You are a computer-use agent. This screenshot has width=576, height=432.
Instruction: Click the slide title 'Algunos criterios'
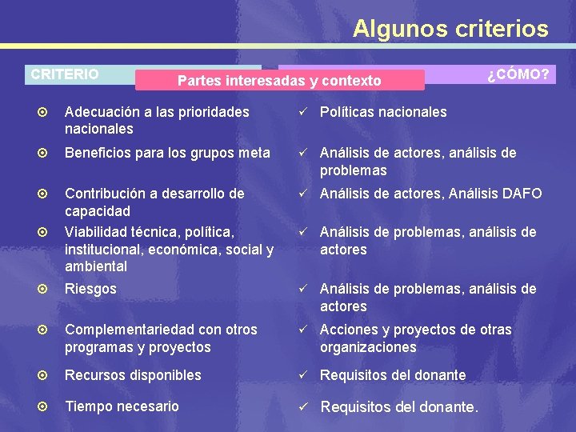tap(450, 29)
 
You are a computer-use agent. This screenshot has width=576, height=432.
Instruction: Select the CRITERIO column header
tap(65, 74)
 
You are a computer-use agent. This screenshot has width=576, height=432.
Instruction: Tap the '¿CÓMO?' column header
tap(518, 74)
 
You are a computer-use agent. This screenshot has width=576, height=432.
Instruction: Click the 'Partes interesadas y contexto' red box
tap(279, 81)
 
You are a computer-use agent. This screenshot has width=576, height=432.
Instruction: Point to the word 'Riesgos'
tap(90, 289)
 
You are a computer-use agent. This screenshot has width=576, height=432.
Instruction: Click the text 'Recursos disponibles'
tap(133, 375)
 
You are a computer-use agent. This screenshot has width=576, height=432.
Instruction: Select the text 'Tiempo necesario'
tap(122, 406)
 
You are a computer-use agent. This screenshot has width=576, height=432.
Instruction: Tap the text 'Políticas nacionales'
tap(383, 112)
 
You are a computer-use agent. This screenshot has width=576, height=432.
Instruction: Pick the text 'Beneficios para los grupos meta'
tap(167, 153)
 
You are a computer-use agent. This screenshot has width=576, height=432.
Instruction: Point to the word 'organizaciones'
tap(368, 347)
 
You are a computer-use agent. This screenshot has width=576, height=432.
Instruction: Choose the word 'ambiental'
tap(96, 266)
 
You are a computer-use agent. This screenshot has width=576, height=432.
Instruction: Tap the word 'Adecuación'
tap(102, 112)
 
